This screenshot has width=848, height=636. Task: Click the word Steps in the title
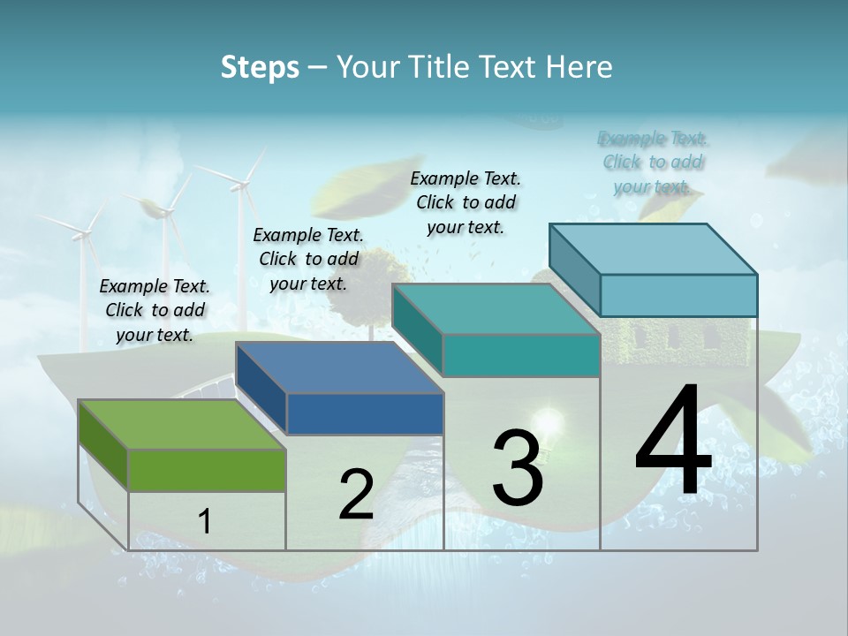coord(260,67)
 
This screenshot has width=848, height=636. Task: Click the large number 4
coord(673,442)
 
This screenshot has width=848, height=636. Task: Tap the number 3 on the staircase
coord(517,468)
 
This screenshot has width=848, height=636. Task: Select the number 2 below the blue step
coord(356,495)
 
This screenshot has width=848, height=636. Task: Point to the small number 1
coord(205,522)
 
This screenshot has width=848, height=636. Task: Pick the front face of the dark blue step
coord(365,413)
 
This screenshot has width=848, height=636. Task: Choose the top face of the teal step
coord(495,309)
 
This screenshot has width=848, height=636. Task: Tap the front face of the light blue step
coord(678,295)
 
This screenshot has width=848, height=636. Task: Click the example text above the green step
coord(155,310)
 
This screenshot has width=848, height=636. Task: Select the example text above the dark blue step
coord(308,259)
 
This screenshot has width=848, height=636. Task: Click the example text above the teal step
coord(466,202)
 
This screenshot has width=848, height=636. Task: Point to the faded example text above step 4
coord(653,162)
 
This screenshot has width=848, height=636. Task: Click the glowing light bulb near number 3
coord(549,417)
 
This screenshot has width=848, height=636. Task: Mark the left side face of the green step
coord(103,445)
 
